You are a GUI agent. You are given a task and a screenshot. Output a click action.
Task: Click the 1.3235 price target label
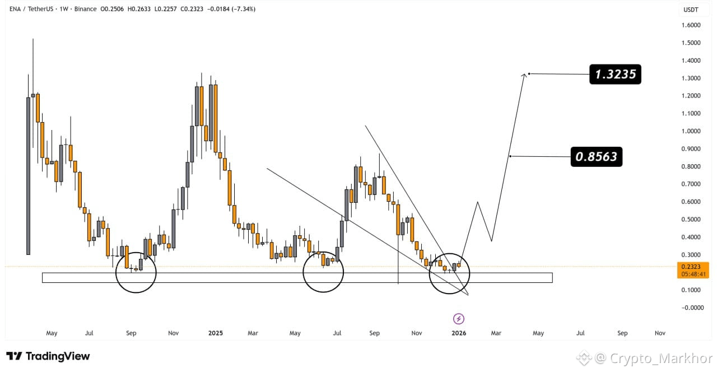(x=615, y=74)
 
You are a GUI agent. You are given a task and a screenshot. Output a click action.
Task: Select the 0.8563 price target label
(x=596, y=156)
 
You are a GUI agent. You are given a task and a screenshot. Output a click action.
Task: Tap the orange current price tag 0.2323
(x=693, y=271)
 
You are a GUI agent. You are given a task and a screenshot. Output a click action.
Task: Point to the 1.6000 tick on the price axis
(x=691, y=25)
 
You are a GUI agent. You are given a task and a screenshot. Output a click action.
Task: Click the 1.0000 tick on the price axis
(x=691, y=131)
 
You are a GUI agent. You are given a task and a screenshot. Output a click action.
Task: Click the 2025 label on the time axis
(x=216, y=333)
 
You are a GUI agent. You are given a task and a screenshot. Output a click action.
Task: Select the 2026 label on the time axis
(x=459, y=333)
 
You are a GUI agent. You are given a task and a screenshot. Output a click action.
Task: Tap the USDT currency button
(x=691, y=10)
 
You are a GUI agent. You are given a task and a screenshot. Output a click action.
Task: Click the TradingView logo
(x=48, y=356)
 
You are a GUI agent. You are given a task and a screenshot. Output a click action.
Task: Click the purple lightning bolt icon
(x=459, y=319)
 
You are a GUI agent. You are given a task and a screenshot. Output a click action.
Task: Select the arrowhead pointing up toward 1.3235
(x=525, y=75)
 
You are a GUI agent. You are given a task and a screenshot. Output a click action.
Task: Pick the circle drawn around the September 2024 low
(x=136, y=272)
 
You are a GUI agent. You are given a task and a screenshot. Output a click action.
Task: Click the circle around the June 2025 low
(x=323, y=272)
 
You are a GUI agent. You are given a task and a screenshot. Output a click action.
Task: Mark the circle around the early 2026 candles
(x=449, y=273)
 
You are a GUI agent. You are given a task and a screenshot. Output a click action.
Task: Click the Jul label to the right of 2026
(x=580, y=333)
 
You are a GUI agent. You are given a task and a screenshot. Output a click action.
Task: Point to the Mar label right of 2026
(x=496, y=333)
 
